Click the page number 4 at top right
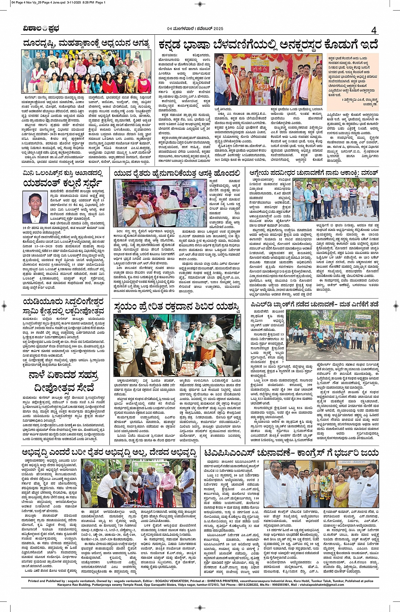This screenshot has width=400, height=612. pyautogui.click(x=374, y=30)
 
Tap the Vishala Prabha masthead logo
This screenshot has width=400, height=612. pyautogui.click(x=41, y=29)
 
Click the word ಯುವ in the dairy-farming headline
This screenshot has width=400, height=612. pyautogui.click(x=123, y=173)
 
